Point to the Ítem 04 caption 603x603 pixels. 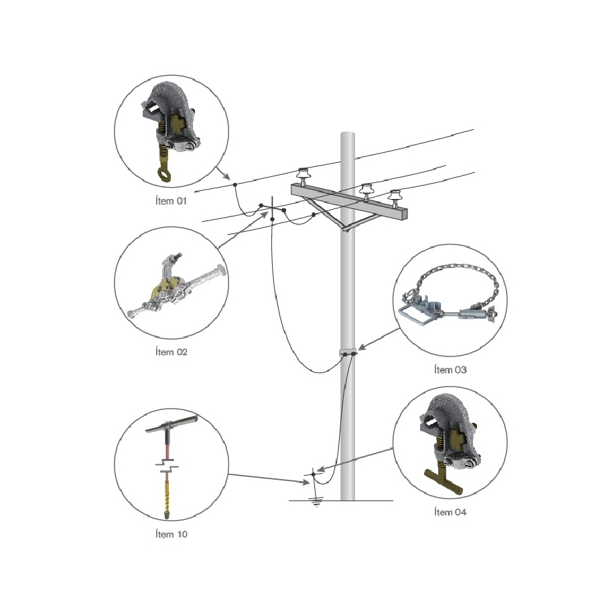coord(451,513)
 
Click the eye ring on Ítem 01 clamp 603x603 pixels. coord(164,172)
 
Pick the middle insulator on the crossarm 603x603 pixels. coord(365,190)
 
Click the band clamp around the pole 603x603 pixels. coord(347,352)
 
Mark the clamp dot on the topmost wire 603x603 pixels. coord(234,184)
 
